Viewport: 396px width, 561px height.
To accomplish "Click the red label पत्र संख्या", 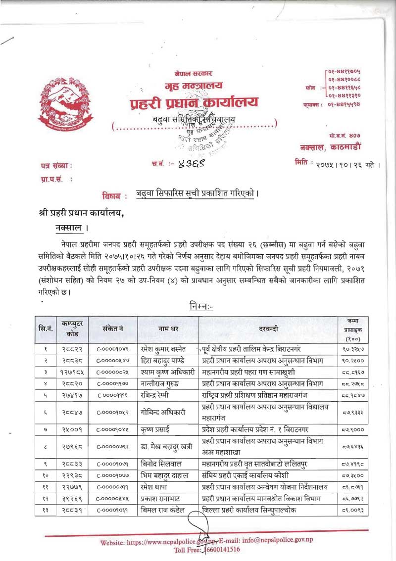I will tap(56, 166).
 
